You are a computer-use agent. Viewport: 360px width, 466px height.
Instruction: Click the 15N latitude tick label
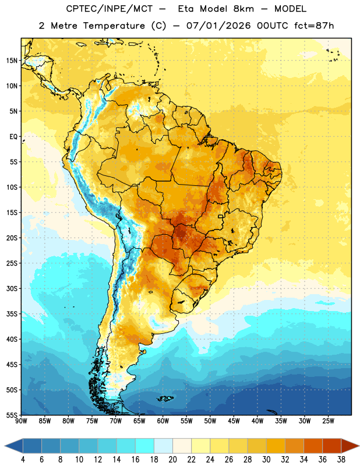pos(12,61)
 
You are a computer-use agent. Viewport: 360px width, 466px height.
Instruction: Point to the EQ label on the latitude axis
pos(13,137)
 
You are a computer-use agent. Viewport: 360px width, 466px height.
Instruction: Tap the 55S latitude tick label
pos(12,415)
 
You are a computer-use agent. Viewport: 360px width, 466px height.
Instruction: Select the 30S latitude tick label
pos(12,288)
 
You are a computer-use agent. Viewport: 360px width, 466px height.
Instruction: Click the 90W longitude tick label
pos(21,421)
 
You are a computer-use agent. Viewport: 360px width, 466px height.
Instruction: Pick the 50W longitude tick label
pos(210,421)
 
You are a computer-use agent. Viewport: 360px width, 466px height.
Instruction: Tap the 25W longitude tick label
pos(328,421)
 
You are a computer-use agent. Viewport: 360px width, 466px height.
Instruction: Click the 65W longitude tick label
pos(139,421)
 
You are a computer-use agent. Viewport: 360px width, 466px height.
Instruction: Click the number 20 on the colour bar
pos(172,460)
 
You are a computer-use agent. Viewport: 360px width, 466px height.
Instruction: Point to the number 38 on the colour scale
pos(341,460)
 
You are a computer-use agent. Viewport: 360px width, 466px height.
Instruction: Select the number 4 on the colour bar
pos(23,460)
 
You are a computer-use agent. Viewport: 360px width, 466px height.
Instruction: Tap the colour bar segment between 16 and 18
pos(145,446)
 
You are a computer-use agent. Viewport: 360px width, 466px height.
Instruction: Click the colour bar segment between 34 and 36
pos(313,446)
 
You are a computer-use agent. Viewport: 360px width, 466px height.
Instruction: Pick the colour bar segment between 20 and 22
pos(182,446)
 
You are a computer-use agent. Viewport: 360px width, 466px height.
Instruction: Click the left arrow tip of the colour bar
pos(5,446)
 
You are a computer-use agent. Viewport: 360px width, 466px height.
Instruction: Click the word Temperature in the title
pos(114,26)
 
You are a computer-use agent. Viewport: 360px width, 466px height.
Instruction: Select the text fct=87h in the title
pos(314,26)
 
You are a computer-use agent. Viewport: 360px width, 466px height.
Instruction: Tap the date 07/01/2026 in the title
pos(218,26)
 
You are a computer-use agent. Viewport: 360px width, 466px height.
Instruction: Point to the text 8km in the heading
pos(243,9)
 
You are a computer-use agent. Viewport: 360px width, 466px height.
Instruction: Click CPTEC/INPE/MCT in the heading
pos(110,9)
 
